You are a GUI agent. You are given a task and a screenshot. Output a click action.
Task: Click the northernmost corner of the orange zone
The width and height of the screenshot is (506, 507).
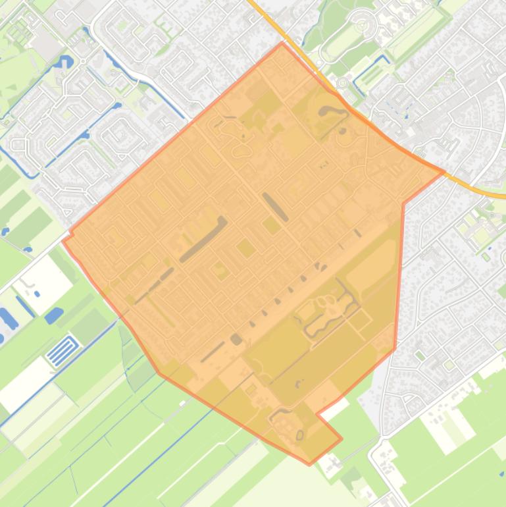point(282,43)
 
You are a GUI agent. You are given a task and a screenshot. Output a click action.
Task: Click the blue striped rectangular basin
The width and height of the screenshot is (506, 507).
point(63,350)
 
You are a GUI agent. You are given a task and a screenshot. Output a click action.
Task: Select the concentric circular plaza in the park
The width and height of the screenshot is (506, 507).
point(361,25)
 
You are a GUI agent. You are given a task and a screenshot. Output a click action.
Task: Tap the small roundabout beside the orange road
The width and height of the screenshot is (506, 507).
point(342,83)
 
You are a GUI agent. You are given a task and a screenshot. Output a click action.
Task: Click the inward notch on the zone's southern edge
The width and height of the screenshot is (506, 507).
point(317,414)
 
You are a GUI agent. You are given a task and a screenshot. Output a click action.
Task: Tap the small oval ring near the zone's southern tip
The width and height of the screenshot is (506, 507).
point(300,435)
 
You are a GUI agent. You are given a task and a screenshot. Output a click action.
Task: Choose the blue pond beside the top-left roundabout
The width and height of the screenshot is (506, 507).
point(64,63)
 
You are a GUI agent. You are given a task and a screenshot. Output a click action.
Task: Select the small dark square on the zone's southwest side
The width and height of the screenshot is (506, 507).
point(236,339)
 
